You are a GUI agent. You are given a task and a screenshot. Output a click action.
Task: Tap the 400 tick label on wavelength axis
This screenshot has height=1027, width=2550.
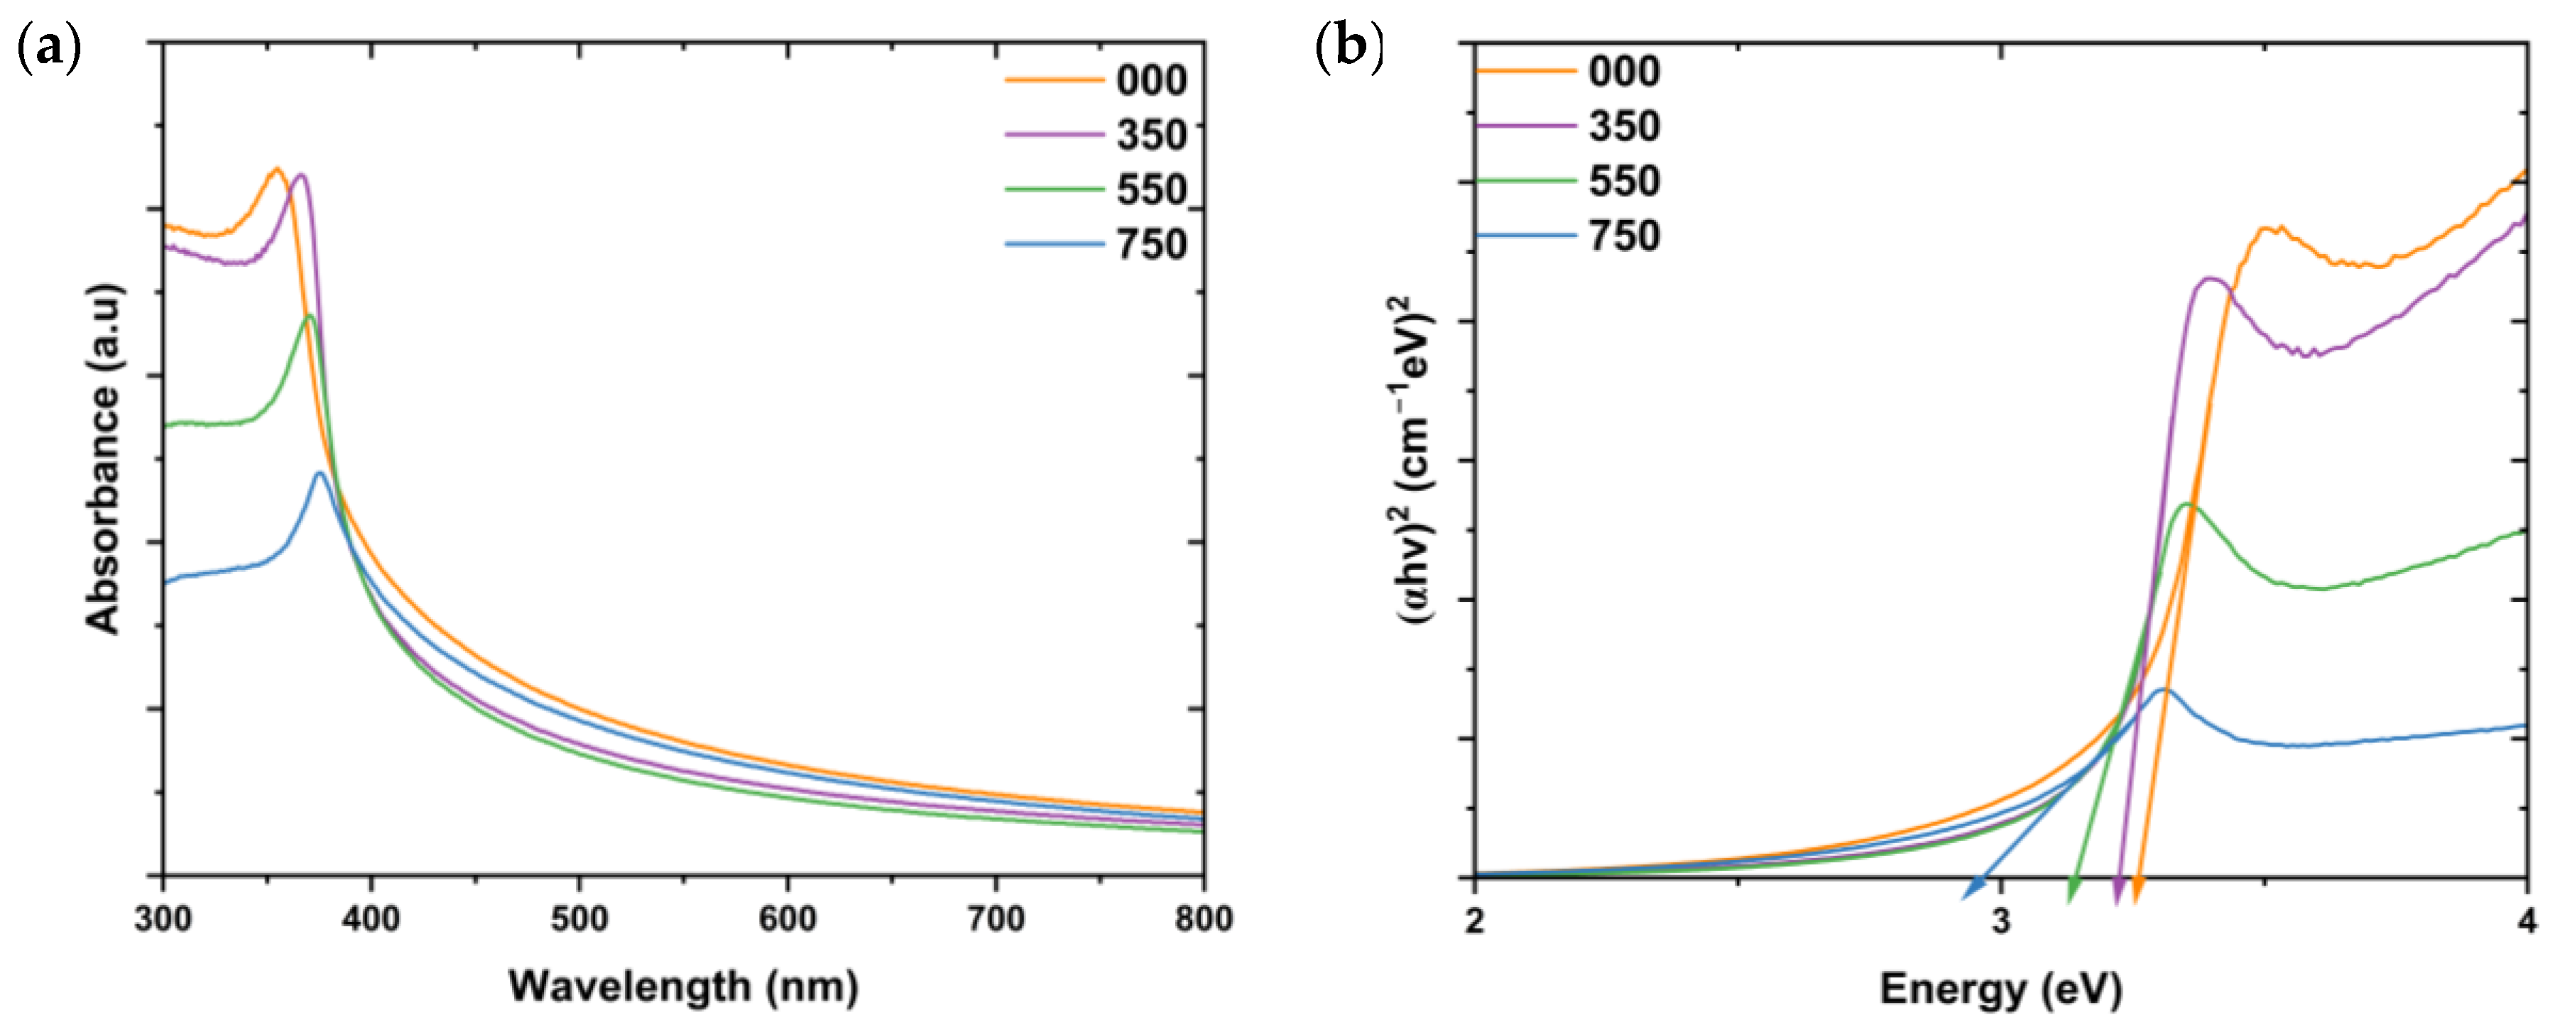[x=371, y=919]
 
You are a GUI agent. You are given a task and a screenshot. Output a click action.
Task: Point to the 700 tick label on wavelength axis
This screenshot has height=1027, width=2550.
[x=995, y=919]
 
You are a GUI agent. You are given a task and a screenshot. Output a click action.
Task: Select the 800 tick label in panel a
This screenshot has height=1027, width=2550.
[x=1203, y=919]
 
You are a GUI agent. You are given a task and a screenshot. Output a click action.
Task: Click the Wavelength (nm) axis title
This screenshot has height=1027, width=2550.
[x=683, y=987]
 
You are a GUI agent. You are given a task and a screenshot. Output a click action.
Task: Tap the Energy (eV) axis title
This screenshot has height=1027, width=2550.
[x=2000, y=989]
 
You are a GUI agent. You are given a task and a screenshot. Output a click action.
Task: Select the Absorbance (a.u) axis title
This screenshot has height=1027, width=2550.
[x=103, y=459]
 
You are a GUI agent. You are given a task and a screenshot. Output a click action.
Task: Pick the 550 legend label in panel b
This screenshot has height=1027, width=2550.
[x=1623, y=181]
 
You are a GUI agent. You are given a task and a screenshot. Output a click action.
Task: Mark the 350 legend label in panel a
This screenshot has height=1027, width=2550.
[x=1151, y=135]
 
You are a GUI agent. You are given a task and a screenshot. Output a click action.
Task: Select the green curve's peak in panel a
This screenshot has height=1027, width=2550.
[x=310, y=317]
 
